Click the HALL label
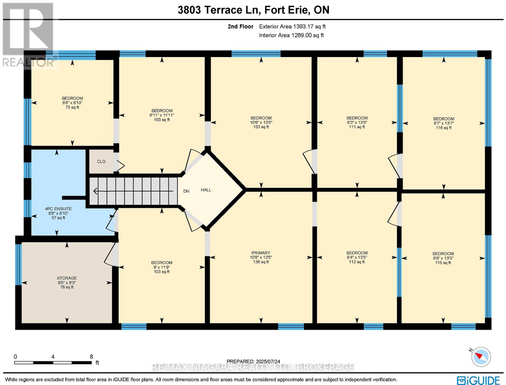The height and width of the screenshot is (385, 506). (206, 190)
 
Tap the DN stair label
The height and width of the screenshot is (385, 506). (186, 191)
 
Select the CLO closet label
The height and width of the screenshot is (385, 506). (101, 161)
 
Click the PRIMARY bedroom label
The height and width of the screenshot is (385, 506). (261, 253)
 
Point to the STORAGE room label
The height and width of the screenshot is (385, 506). (67, 278)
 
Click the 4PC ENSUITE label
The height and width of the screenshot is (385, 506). (58, 209)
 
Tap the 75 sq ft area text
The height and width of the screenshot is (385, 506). (72, 107)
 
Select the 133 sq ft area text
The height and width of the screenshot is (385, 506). (261, 127)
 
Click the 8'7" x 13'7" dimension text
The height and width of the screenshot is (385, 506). (444, 123)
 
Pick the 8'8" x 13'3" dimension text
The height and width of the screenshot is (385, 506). (443, 258)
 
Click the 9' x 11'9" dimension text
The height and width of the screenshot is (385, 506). (162, 267)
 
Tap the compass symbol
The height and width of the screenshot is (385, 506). (481, 357)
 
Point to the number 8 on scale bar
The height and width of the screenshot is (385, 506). (91, 356)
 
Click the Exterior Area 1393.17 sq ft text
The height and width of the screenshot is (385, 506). (292, 26)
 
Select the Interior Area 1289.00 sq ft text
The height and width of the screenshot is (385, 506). (291, 35)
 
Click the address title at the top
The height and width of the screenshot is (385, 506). (253, 10)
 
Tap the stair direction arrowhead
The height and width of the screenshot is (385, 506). (95, 191)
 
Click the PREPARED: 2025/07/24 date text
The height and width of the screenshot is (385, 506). (253, 362)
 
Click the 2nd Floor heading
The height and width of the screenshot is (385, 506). (240, 26)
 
